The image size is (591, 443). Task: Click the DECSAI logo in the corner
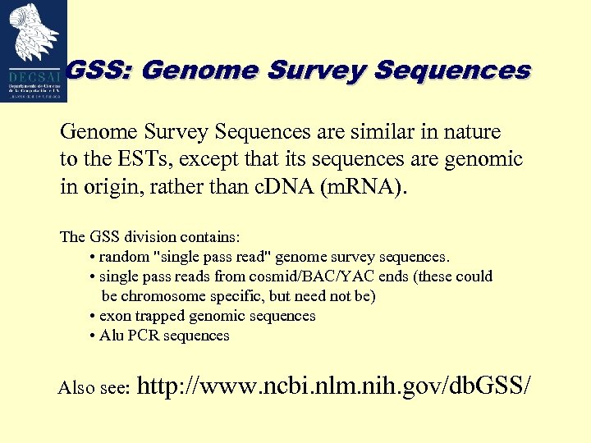point(34,50)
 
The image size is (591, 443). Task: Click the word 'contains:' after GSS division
point(208,237)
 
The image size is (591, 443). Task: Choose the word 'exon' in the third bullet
point(114,316)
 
